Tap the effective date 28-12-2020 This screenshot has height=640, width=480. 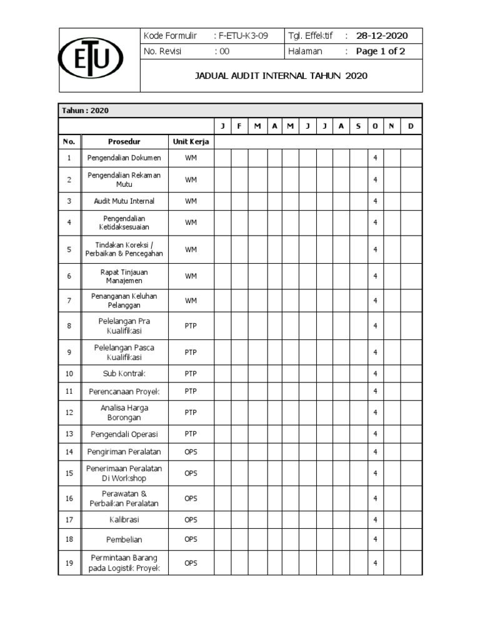382,36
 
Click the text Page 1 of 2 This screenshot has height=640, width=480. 380,51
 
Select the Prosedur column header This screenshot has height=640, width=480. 123,142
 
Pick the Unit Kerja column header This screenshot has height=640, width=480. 191,142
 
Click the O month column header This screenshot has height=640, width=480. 375,127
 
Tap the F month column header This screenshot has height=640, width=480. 239,127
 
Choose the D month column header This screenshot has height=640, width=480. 411,127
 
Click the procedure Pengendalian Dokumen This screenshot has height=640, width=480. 123,158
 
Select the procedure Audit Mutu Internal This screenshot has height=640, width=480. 123,201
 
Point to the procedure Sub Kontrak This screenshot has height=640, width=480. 123,374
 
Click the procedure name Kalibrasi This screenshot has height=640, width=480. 123,519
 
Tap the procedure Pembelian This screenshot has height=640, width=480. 123,539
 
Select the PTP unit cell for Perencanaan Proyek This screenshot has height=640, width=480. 191,391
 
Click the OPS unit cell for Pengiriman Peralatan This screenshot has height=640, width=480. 191,452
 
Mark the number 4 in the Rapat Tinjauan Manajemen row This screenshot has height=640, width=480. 375,276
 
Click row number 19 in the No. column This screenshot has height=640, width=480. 69,563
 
